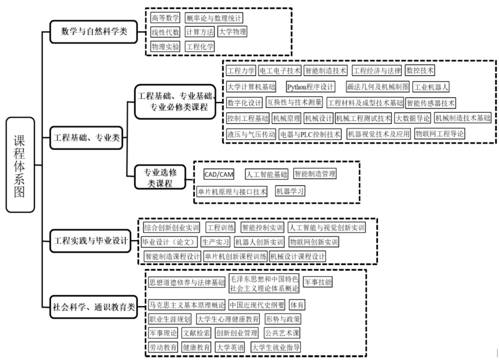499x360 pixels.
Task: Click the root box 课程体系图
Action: tap(21, 164)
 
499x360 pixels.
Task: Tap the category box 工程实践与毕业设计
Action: tap(91, 241)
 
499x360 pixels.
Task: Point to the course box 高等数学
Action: tap(165, 18)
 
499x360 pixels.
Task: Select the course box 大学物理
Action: tap(232, 32)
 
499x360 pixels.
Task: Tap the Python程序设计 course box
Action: tap(311, 86)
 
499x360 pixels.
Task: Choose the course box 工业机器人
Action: tap(431, 86)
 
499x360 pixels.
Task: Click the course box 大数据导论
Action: tap(413, 118)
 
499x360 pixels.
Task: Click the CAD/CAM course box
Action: tap(219, 174)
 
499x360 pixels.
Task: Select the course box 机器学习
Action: tap(290, 191)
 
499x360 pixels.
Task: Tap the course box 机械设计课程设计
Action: tap(298, 256)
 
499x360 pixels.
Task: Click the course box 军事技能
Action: tap(318, 282)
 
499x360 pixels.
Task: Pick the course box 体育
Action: tap(297, 305)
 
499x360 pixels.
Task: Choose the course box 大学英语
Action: tap(230, 347)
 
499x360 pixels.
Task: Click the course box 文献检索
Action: tap(196, 333)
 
